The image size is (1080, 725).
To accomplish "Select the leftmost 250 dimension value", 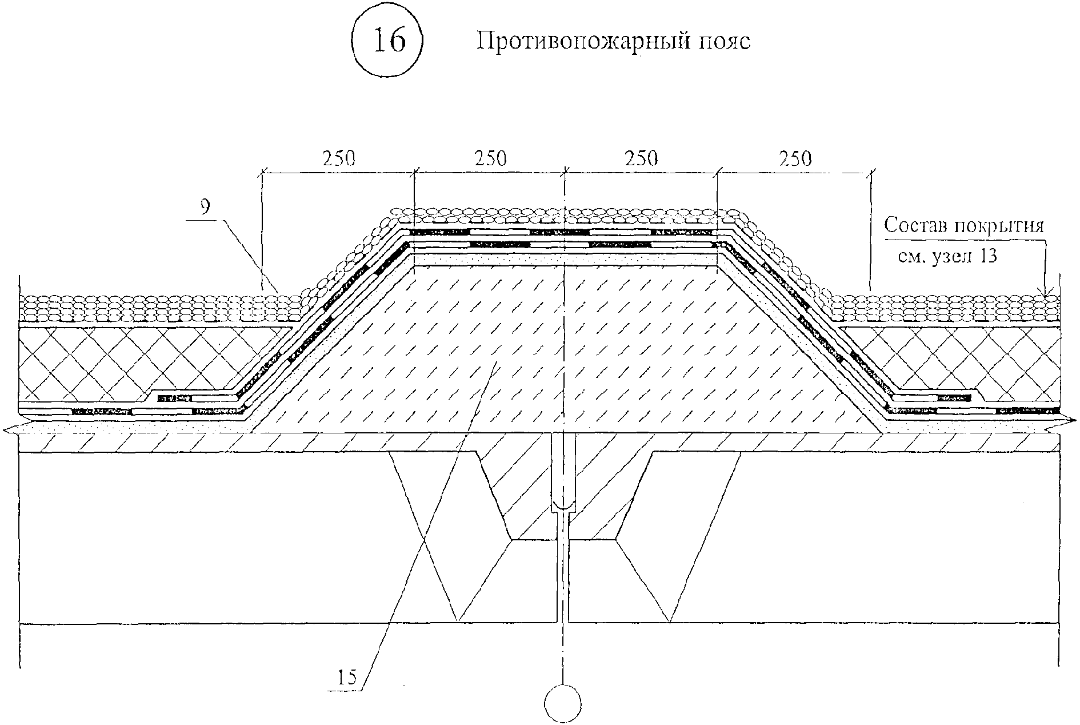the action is click(339, 158).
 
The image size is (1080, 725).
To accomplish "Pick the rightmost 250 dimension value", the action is click(795, 158).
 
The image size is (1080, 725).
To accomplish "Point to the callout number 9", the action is click(206, 208).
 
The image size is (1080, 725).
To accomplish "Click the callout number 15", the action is click(346, 678).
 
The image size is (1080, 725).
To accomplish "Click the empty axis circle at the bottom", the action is click(563, 703).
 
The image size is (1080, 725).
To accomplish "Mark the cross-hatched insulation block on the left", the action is click(131, 363).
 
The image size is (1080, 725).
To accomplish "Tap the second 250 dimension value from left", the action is click(490, 158).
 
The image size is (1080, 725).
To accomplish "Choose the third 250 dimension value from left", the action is click(641, 158).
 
